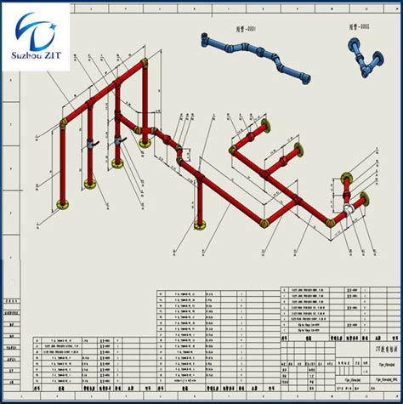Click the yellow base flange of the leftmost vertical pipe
[x=62, y=204]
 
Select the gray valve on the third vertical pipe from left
[x=124, y=137]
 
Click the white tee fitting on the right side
[x=349, y=208]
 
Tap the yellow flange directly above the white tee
[x=346, y=179]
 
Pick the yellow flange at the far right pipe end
[x=366, y=200]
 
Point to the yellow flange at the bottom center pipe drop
[x=201, y=226]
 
